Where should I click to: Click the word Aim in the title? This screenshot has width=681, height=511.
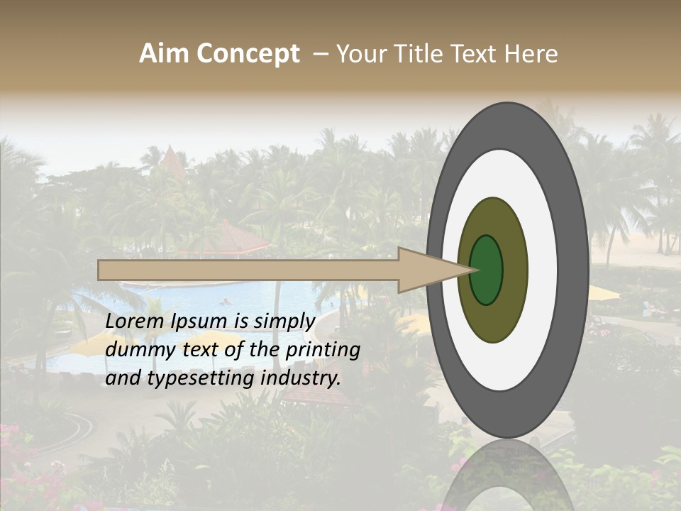click(165, 54)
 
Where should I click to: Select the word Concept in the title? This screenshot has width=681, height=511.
click(248, 54)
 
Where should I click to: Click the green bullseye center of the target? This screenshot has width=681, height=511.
click(486, 270)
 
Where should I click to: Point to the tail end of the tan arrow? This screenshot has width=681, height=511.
click(101, 270)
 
